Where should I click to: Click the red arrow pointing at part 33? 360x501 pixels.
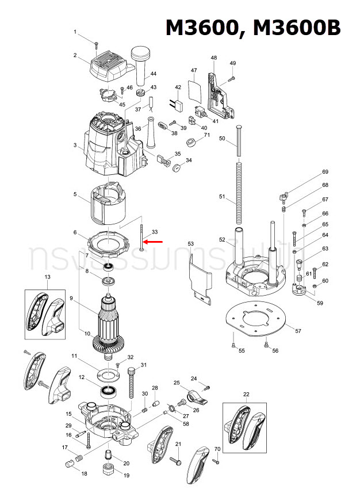pyautogui.click(x=154, y=242)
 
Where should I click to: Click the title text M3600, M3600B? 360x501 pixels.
pyautogui.click(x=253, y=27)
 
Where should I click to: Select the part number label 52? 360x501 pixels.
pyautogui.click(x=223, y=239)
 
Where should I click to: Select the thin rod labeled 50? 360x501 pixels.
pyautogui.click(x=238, y=139)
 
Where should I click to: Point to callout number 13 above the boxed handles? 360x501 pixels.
pyautogui.click(x=48, y=277)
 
